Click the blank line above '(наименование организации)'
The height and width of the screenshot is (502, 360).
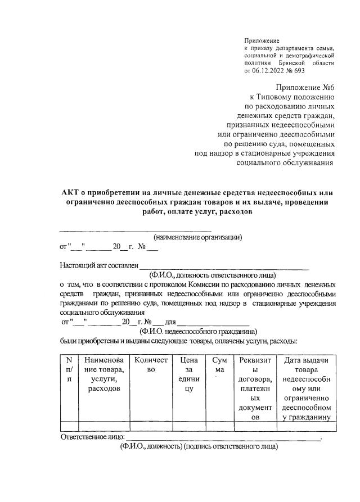(x=135, y=230)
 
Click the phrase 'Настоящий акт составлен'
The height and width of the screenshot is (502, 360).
(x=98, y=265)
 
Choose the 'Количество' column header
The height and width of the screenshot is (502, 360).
(x=149, y=364)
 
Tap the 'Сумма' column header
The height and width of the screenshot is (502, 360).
(x=219, y=364)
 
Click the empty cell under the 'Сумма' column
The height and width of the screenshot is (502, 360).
(x=219, y=426)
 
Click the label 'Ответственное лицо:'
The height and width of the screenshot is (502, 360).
(x=91, y=437)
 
